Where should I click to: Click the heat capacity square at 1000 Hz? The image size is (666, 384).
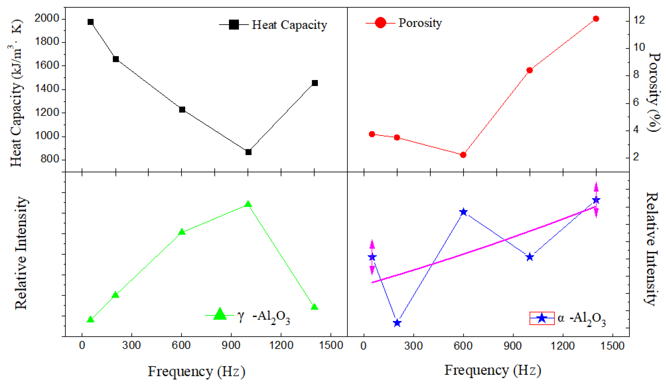tap(248, 152)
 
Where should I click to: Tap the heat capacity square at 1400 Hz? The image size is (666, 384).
tap(315, 83)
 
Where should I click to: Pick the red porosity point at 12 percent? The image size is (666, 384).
tap(596, 19)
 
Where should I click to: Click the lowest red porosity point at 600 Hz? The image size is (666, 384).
tap(463, 155)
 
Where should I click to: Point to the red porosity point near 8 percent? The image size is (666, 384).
tap(529, 70)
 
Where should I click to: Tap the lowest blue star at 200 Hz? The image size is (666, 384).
tap(397, 323)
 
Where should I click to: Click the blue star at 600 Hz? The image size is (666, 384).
tap(463, 212)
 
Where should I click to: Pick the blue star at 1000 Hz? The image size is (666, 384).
tap(530, 257)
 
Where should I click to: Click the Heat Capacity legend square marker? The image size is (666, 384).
tap(234, 25)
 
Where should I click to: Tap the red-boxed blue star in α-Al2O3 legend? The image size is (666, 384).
tap(542, 318)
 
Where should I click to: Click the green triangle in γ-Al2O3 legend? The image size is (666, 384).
tap(220, 314)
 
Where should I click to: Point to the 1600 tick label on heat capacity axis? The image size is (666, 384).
tap(47, 65)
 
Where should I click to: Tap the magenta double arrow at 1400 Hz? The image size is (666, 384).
tap(596, 200)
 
